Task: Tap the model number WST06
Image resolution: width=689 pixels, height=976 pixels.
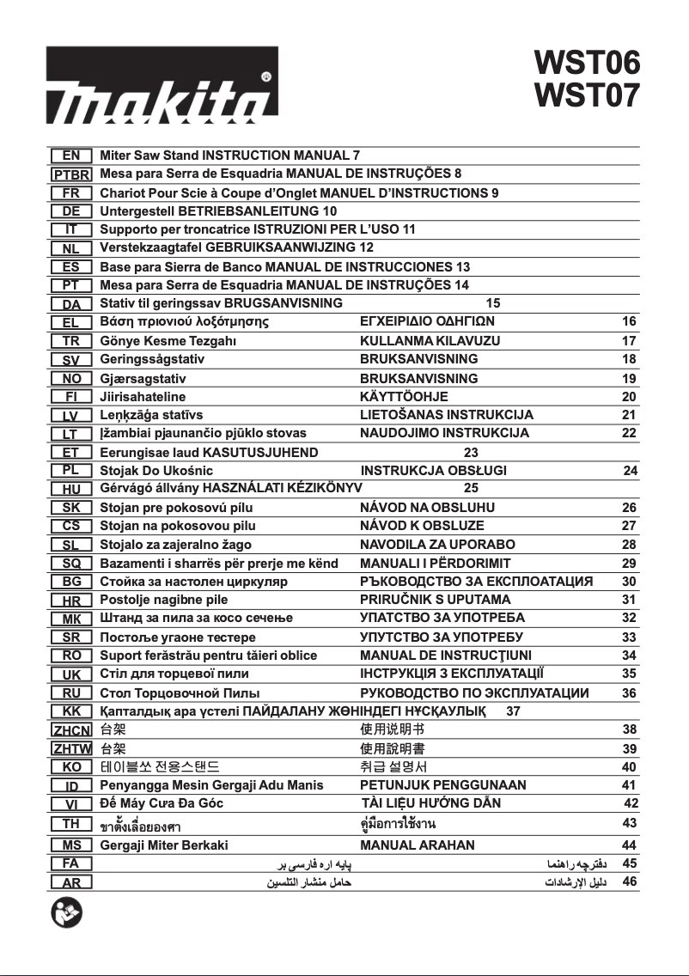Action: coord(587,63)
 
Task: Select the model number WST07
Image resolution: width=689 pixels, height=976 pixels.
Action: coord(587,95)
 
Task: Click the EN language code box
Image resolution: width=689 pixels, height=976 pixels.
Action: coord(71,156)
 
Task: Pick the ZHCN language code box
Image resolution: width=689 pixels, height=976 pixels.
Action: coord(71,729)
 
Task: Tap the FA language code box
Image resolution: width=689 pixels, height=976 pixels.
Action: coord(71,863)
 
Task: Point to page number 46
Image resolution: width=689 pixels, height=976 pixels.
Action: coord(629,881)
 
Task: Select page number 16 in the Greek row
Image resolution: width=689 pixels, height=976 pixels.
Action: coord(629,321)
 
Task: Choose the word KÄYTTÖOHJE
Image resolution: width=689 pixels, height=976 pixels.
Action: coord(404,397)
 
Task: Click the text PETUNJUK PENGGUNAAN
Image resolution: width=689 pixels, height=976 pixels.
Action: coord(443,784)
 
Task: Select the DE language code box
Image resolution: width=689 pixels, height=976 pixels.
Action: coord(71,210)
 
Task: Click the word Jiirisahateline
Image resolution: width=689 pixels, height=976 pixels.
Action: coord(143,397)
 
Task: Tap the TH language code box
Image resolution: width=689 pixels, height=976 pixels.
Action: coord(71,824)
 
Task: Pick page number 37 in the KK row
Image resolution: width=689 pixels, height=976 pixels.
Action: coord(514,711)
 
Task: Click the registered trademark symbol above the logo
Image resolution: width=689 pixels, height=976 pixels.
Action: coord(267,76)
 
